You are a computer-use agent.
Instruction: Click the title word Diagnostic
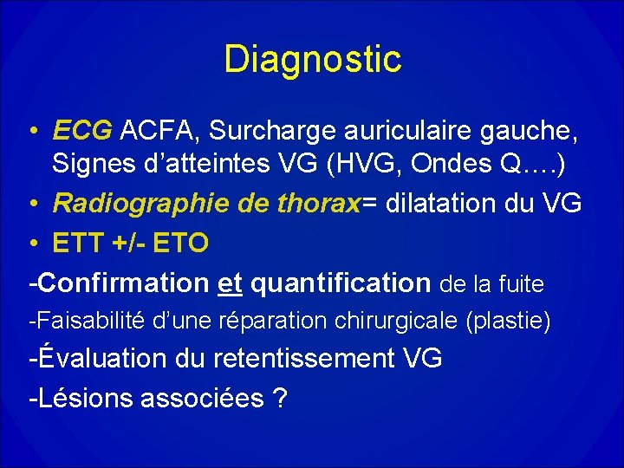coord(312,60)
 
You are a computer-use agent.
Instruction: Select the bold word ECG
coord(82,131)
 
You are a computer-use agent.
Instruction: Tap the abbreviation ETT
coord(78,244)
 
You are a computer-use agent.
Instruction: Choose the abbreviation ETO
coord(179,244)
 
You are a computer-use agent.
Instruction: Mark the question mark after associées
coord(280,399)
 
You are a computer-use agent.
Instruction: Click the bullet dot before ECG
coord(32,132)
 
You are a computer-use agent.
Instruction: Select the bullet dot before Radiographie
coord(32,205)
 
